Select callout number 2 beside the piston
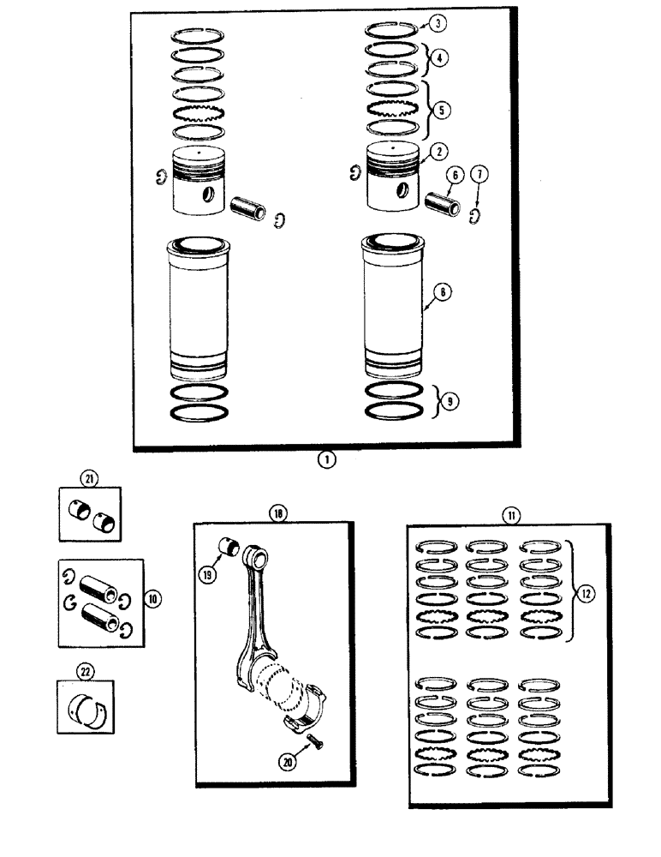[x=438, y=151]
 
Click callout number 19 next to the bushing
[x=208, y=575]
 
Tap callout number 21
[x=86, y=477]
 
